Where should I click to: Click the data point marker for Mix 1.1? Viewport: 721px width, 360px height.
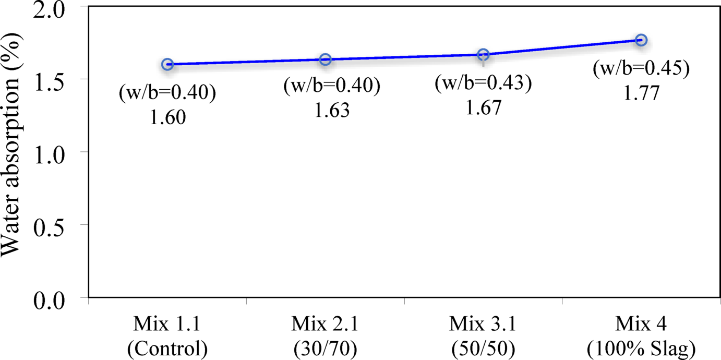click(167, 64)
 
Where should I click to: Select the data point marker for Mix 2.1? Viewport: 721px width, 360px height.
click(325, 59)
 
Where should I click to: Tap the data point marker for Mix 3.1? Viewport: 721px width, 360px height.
click(483, 54)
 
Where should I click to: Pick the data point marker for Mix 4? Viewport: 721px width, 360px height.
click(641, 40)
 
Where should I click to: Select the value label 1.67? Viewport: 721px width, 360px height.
click(483, 107)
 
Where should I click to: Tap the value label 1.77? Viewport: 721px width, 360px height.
click(641, 93)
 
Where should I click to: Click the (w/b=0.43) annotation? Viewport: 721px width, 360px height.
click(483, 84)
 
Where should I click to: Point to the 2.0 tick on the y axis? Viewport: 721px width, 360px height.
click(57, 8)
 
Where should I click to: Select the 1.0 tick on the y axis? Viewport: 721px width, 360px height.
click(57, 152)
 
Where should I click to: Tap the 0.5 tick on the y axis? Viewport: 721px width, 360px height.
click(57, 225)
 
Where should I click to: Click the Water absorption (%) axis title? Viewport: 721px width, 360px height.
click(14, 151)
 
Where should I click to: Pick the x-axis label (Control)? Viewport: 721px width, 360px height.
click(167, 347)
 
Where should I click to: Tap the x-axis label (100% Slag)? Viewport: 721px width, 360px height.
click(641, 347)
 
